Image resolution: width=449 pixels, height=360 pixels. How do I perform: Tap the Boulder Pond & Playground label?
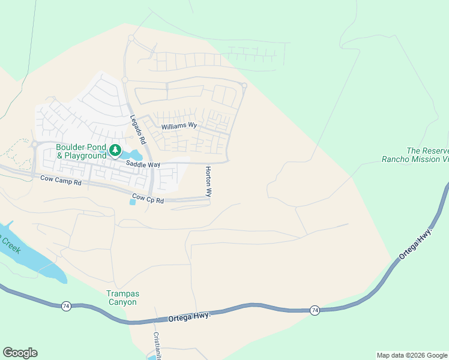coord(81,151)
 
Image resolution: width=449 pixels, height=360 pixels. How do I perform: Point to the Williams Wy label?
coord(179,126)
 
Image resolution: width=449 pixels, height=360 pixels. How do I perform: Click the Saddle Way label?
coord(143,164)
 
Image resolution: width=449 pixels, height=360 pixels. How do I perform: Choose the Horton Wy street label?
coord(209,182)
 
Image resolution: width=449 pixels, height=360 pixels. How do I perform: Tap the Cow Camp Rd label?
coord(61,179)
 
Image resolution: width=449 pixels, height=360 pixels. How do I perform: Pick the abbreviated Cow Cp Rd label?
coord(148,199)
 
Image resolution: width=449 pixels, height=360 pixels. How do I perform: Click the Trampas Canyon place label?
coord(122,298)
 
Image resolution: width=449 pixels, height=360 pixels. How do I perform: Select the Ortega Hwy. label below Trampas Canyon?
coord(190,316)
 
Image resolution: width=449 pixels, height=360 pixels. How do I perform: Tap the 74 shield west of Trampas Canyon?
coord(66,306)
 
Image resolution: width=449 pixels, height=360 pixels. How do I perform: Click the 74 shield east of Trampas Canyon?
coord(315,310)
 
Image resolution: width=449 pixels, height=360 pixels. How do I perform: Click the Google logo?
coord(20,353)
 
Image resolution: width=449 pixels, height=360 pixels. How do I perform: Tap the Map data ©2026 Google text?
coord(412,355)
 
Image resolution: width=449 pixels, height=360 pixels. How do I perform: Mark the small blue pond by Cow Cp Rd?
coord(132,202)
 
